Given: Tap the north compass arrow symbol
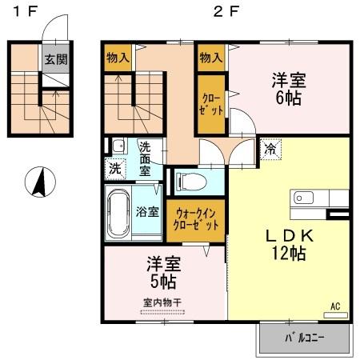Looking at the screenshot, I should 38,182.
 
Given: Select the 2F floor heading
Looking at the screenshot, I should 226,13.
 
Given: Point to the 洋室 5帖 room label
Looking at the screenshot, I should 162,273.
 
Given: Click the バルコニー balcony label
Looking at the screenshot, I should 305,338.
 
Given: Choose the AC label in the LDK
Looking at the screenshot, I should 335,305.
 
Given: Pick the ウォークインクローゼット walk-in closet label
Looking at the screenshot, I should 196,219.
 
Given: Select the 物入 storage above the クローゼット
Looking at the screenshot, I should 211,58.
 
